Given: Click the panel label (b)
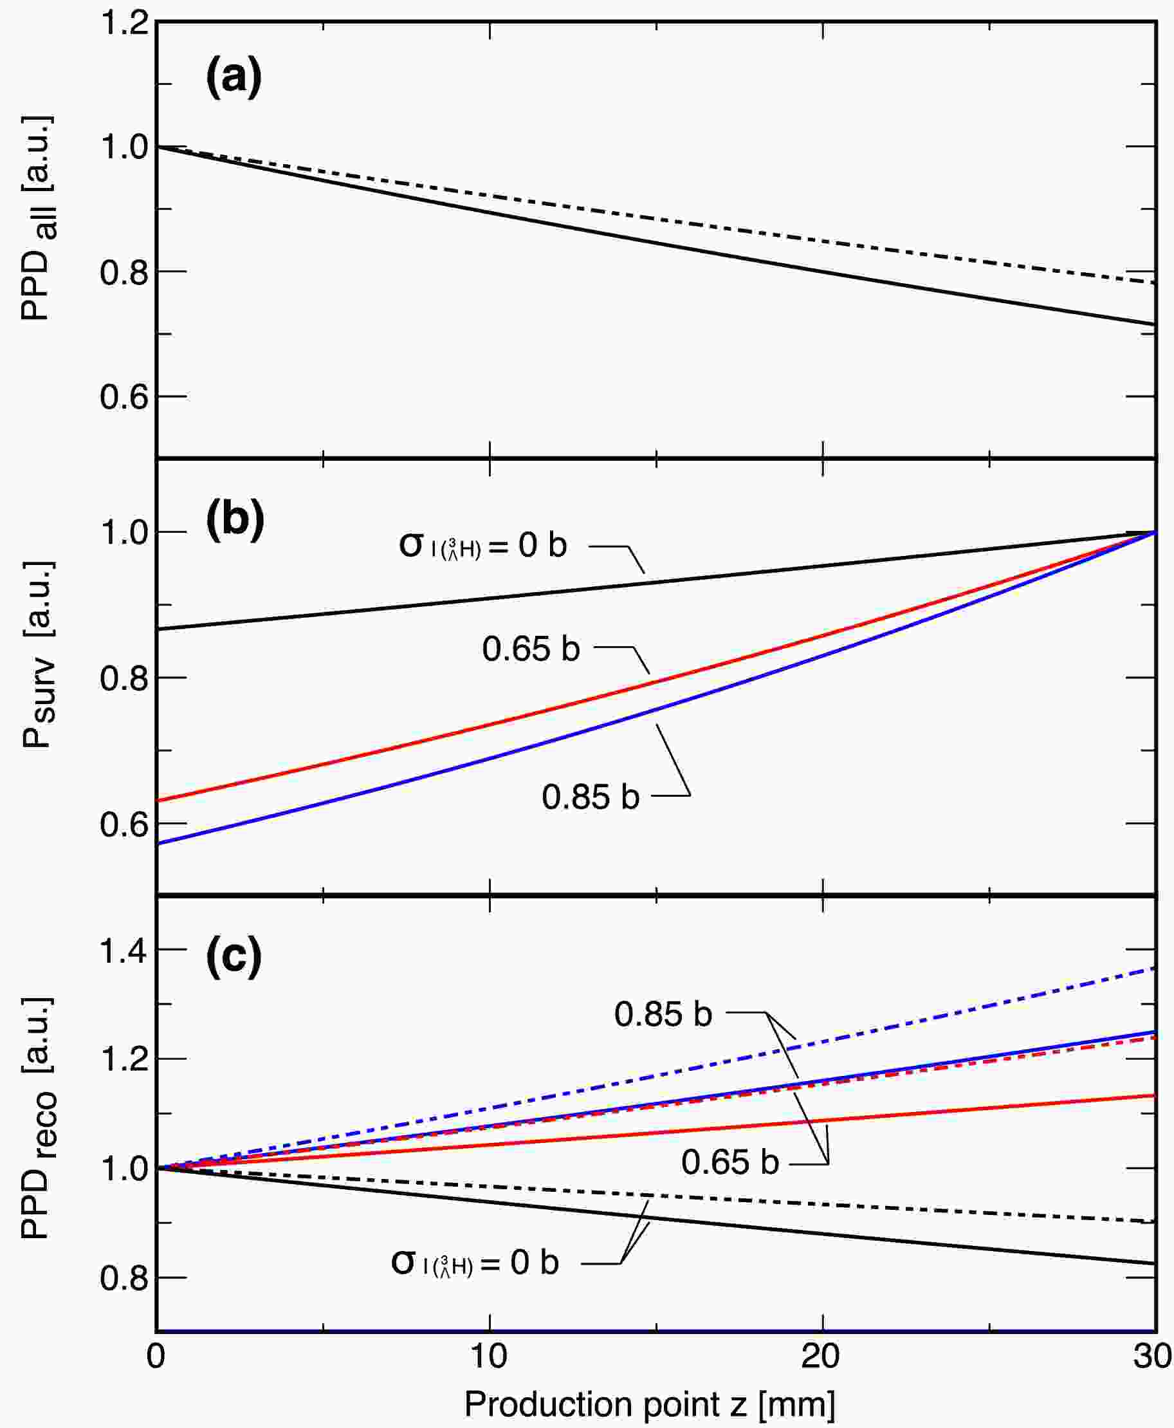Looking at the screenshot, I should [235, 521].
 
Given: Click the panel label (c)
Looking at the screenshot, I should [234, 957].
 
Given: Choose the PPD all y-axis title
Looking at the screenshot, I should [37, 218].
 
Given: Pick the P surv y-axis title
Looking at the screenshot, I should [37, 655].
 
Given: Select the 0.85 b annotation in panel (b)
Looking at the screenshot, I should [591, 797].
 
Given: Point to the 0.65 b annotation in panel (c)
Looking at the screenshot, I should [729, 1162].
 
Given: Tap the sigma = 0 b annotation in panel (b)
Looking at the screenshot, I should [483, 544].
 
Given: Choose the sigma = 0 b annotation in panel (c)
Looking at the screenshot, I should [475, 1262].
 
